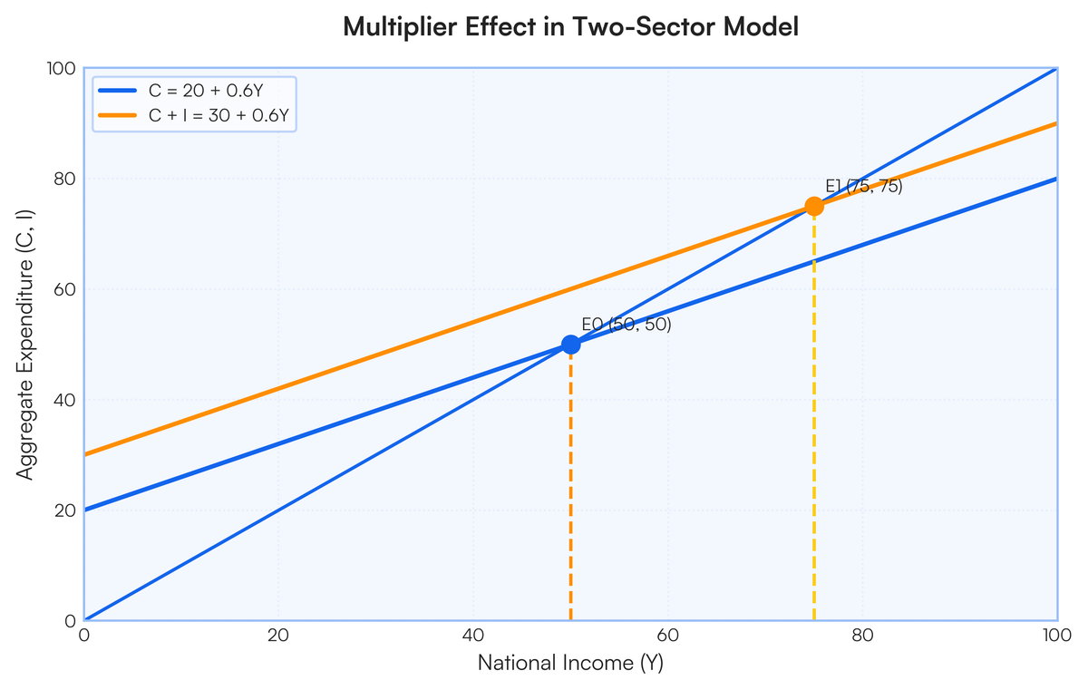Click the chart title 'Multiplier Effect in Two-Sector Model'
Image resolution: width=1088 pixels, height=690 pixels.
coord(570,27)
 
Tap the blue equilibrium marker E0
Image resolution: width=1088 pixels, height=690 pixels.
coord(570,345)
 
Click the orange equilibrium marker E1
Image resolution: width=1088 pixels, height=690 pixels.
coord(814,206)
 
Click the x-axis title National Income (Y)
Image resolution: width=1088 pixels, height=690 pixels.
coord(570,664)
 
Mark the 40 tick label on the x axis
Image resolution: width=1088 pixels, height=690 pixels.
coord(473,636)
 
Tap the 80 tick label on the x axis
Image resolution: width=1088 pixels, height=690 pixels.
coord(862,636)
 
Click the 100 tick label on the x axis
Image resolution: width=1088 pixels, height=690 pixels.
coord(1056,636)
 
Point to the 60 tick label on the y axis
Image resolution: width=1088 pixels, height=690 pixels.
coord(64,289)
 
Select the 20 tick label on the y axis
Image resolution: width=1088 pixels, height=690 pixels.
coord(64,510)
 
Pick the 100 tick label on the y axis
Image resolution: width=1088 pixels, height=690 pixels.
coord(61,68)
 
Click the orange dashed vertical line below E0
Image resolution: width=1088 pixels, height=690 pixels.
coord(570,490)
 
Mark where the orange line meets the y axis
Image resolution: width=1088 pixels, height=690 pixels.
coord(85,454)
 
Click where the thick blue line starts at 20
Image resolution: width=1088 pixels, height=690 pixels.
coord(85,510)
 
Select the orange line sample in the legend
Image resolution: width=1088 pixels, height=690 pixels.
coord(119,116)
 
